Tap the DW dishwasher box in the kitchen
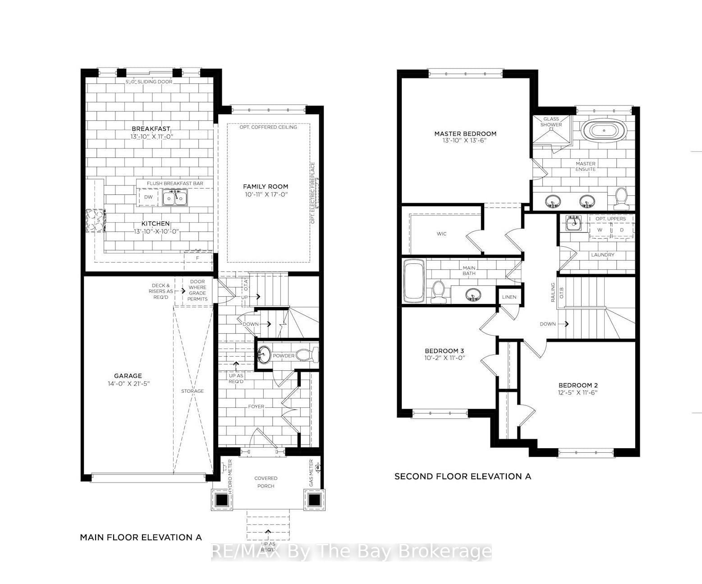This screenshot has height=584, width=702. pyautogui.click(x=148, y=198)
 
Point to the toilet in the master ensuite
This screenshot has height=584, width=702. pyautogui.click(x=621, y=198)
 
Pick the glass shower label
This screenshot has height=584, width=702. pyautogui.click(x=551, y=122)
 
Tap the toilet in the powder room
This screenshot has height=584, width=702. pyautogui.click(x=309, y=355)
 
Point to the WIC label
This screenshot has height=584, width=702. pyautogui.click(x=441, y=234)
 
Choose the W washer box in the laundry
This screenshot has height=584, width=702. pyautogui.click(x=599, y=230)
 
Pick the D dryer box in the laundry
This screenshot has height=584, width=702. pyautogui.click(x=622, y=230)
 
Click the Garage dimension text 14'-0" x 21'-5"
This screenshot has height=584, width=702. pyautogui.click(x=128, y=384)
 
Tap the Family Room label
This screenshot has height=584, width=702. pyautogui.click(x=265, y=186)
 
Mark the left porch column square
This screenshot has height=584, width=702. pyautogui.click(x=222, y=500)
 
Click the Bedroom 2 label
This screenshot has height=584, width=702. pyautogui.click(x=578, y=385)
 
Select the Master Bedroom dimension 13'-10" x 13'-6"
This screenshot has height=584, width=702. pyautogui.click(x=465, y=141)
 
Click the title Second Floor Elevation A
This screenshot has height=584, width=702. pyautogui.click(x=463, y=476)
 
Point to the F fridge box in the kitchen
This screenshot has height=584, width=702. pyautogui.click(x=197, y=258)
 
